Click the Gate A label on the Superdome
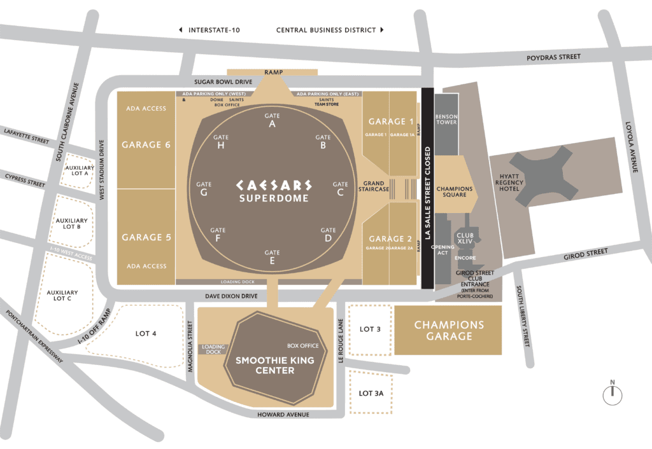coord(272,120)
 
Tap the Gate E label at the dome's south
coord(273,256)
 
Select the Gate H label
coord(221,141)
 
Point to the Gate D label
coord(328,234)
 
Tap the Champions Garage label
coord(449,330)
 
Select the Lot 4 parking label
coord(146,333)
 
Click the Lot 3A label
coord(371,394)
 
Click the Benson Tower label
coord(446,120)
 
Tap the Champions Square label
coord(454,191)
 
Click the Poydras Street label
coord(553,57)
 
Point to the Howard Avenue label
coord(283,415)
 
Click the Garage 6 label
coord(146,145)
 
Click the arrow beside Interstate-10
coord(181,30)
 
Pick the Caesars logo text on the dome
coord(274,185)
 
